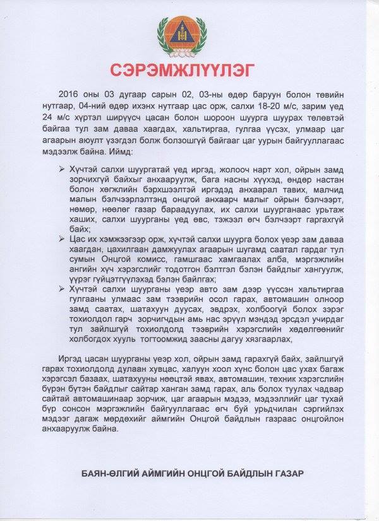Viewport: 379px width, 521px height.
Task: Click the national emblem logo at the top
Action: pos(189,35)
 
